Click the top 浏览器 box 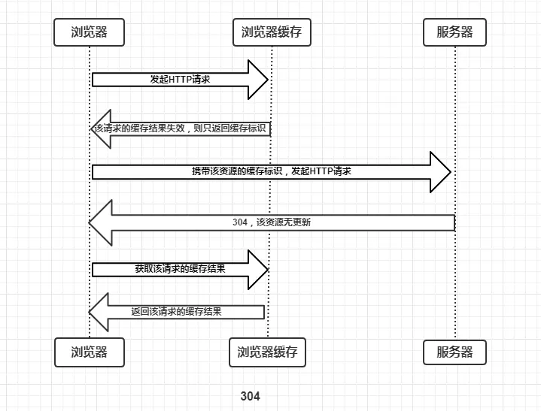[89, 32]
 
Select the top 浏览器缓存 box [271, 32]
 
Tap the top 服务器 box [454, 32]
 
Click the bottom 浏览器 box [89, 352]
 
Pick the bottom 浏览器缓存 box [267, 352]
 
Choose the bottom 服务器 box [454, 352]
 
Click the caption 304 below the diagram [251, 396]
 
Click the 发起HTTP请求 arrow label [181, 79]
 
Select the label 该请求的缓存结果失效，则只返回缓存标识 [181, 128]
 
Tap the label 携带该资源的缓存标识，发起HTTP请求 [272, 171]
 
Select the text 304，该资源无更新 [272, 223]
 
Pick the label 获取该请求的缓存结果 [181, 268]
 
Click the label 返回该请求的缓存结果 [176, 312]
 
